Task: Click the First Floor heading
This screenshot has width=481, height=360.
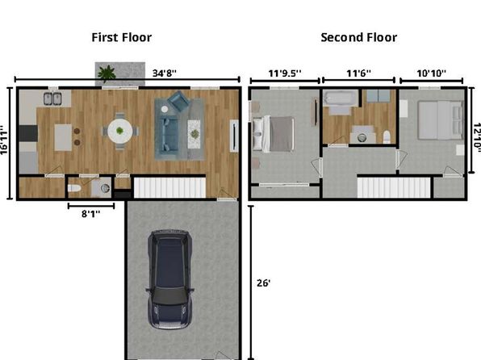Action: point(122,37)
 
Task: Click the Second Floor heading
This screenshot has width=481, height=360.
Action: point(359,37)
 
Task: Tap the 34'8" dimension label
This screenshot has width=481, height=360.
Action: point(165,73)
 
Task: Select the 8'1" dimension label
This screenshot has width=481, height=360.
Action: point(91,214)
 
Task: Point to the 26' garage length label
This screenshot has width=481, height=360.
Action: point(264,283)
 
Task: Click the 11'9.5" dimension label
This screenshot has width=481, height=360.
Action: point(285,73)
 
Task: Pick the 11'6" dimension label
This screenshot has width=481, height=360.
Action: point(358,73)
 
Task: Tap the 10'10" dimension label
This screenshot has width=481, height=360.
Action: point(431,73)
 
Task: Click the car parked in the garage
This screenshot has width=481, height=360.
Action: point(170,279)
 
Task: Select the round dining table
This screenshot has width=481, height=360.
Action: point(120,131)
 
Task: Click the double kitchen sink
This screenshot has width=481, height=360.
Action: point(52,98)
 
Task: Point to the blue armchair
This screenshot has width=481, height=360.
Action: point(179,101)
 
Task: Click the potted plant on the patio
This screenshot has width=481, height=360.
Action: point(107,73)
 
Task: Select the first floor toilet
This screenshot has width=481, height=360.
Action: point(74,188)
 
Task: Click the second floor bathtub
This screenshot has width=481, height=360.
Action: point(341,98)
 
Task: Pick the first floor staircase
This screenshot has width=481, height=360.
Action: point(169,188)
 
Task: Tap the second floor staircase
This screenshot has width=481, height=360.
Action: point(394,188)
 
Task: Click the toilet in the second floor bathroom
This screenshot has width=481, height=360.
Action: point(387,137)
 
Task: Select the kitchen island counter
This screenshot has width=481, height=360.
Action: point(63,137)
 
